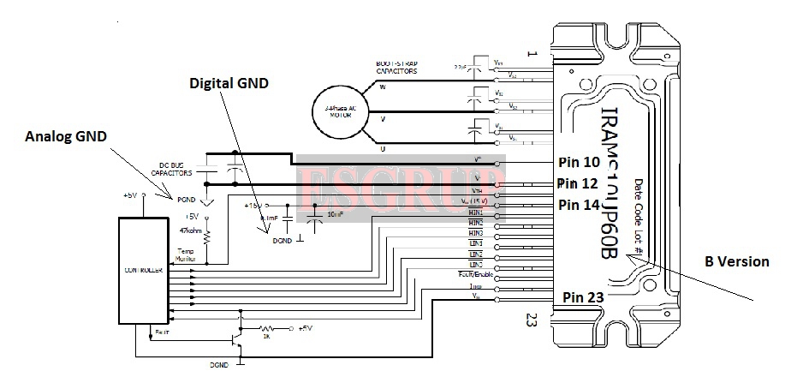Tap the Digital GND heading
tap(229, 84)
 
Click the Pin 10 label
tap(579, 162)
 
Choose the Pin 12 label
tap(579, 183)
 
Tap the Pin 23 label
tap(585, 296)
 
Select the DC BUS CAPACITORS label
tap(175, 169)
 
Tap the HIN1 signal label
tap(477, 212)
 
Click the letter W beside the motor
tap(383, 86)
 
